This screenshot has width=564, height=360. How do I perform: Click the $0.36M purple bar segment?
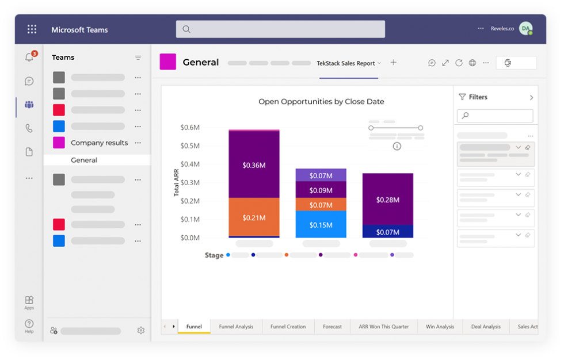[254, 164]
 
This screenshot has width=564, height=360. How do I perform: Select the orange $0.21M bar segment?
[254, 217]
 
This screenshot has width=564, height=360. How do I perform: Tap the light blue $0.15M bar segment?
[321, 224]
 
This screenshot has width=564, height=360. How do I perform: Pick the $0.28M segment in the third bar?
[387, 199]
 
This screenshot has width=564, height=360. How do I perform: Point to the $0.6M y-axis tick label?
[190, 127]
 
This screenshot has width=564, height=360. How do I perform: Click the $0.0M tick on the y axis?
[190, 238]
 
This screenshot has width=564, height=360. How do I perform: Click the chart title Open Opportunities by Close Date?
[321, 102]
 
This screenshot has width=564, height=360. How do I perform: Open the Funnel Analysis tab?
[236, 327]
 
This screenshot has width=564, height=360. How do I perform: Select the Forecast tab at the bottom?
[332, 327]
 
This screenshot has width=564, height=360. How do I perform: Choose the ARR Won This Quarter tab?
[383, 327]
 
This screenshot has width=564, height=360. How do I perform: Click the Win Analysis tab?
[440, 327]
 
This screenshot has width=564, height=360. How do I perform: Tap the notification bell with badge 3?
[29, 58]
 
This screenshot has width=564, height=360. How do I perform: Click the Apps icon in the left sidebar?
[29, 302]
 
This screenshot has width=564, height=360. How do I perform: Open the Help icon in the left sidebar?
[29, 325]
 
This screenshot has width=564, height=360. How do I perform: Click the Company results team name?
[99, 143]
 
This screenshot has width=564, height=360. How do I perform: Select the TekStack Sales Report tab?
[346, 63]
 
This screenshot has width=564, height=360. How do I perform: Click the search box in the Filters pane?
[495, 116]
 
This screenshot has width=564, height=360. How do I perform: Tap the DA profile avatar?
[525, 29]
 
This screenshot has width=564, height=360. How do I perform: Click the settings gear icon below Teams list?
[140, 331]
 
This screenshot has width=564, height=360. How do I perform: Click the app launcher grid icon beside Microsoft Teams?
[32, 29]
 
